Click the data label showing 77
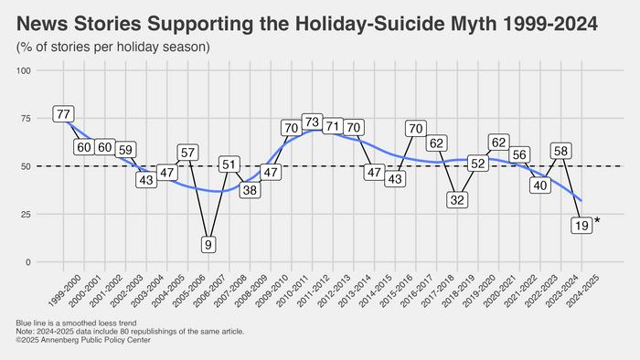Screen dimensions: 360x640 63,114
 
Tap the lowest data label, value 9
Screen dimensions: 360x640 208,245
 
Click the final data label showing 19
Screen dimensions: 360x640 580,226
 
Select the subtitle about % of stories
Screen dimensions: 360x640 112,46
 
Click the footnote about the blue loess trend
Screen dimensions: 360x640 78,324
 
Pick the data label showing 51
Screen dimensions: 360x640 229,164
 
